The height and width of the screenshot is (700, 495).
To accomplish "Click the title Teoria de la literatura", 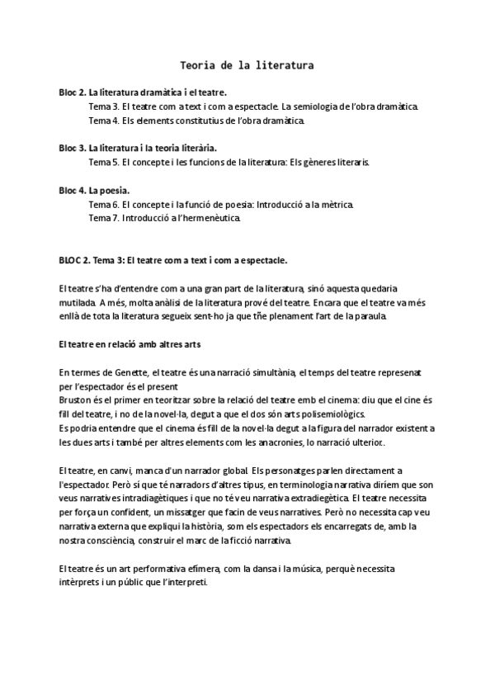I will (x=247, y=63).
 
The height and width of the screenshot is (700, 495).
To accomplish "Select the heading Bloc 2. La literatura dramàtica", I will (x=143, y=92).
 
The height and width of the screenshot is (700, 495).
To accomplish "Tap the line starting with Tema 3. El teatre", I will (x=254, y=106).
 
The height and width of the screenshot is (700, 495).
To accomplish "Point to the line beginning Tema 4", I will (x=196, y=121).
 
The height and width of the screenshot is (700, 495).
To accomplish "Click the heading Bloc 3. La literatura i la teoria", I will (x=138, y=148).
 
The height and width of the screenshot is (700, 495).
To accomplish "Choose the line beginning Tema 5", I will (x=229, y=162).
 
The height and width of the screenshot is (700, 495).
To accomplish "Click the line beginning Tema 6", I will (x=221, y=204).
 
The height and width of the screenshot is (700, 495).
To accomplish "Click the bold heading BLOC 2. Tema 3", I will (x=173, y=260).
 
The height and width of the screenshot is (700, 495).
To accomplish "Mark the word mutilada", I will (x=78, y=302).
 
